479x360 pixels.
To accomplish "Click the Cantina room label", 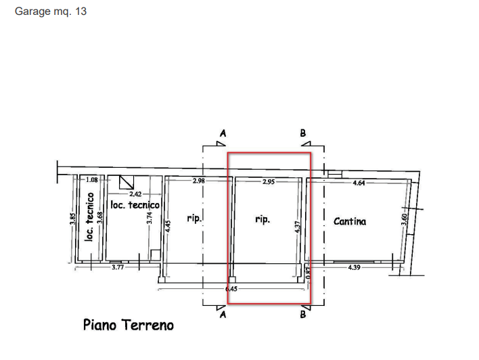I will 350,221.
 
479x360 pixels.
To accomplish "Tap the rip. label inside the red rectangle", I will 263,219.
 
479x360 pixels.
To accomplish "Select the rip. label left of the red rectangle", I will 195,219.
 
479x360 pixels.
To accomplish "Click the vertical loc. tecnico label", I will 89,218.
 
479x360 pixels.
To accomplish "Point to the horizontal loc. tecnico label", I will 135,204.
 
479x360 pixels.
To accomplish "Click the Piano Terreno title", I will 128,325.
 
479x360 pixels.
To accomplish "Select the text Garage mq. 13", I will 51,12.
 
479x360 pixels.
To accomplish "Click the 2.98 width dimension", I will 199,181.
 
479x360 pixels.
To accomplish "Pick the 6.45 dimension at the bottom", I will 231,289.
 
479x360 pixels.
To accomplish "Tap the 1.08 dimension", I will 93,180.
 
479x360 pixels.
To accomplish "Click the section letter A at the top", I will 223,133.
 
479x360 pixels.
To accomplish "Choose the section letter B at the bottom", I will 303,315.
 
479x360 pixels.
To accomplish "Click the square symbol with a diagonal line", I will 127,181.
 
